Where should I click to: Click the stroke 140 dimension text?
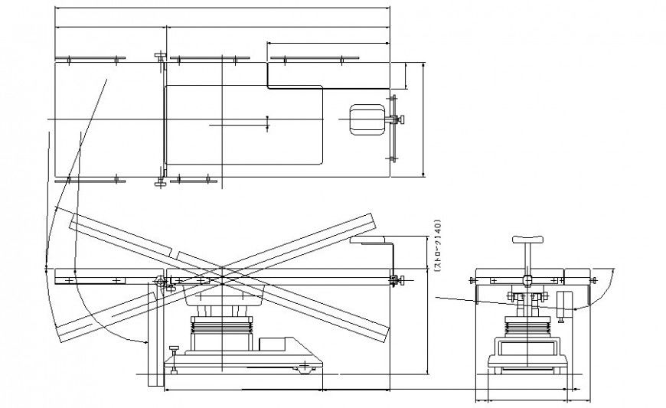click(438, 246)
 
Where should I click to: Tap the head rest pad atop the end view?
click(527, 239)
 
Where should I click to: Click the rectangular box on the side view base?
click(273, 344)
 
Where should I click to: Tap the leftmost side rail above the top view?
click(90, 58)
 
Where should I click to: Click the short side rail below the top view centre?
click(193, 181)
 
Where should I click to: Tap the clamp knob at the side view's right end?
click(395, 279)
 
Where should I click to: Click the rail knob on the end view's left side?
click(469, 282)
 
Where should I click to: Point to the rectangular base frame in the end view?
click(527, 351)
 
